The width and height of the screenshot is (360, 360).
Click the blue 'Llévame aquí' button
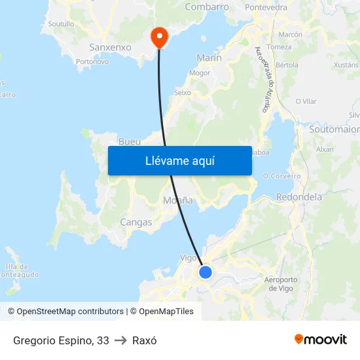(179, 160)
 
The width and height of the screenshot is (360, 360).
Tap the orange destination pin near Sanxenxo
(159, 37)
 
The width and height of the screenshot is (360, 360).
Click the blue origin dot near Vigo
(206, 272)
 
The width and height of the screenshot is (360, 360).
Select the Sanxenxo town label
(110, 48)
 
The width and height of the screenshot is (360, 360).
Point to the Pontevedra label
(266, 8)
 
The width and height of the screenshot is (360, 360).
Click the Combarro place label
(207, 7)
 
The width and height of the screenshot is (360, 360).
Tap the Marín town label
(209, 58)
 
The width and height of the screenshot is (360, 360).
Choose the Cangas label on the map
(135, 223)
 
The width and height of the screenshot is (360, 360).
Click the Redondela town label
(299, 197)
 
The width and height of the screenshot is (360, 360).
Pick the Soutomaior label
(334, 130)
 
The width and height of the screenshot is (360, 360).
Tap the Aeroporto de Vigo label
(281, 284)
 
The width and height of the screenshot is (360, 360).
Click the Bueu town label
(130, 141)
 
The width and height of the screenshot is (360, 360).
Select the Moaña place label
(178, 200)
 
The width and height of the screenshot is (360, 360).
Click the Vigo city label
(189, 258)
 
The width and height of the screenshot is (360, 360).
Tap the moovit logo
(321, 340)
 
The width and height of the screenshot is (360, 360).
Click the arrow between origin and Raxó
(120, 340)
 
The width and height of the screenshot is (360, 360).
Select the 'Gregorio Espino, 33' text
(61, 340)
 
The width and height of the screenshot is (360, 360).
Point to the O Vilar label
(306, 101)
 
